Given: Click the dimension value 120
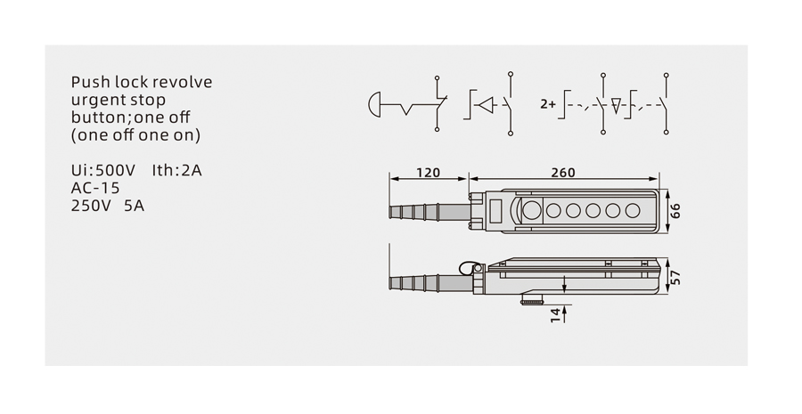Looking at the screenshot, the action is click(428, 173).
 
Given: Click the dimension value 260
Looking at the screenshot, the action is click(562, 173).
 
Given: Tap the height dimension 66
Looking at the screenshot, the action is click(675, 211).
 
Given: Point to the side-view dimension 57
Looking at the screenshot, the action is click(675, 277).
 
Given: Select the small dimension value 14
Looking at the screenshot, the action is click(555, 315).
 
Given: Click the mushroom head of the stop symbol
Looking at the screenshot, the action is click(374, 104).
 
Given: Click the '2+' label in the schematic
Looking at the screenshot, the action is click(548, 104).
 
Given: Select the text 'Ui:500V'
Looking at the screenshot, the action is click(103, 170).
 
